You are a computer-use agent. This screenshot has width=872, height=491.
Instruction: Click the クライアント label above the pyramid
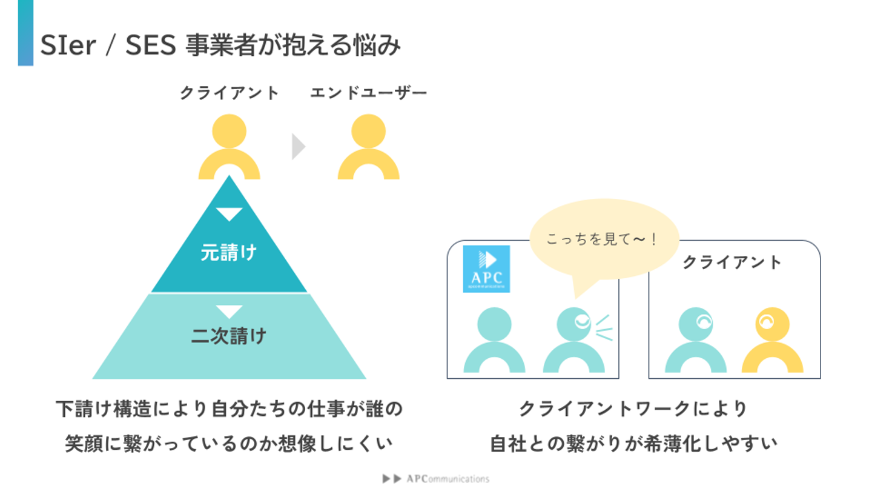(230, 93)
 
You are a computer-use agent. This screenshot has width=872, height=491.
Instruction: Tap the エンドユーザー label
(368, 93)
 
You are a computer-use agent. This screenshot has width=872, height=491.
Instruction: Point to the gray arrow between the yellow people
(298, 147)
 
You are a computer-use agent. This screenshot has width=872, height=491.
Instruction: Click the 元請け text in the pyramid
(229, 252)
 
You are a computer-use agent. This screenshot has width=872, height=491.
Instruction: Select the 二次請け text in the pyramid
(229, 335)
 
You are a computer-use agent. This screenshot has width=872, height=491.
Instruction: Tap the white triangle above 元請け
(229, 214)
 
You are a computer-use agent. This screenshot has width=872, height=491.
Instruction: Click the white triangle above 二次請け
(229, 312)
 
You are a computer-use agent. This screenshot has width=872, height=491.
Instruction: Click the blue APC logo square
(486, 269)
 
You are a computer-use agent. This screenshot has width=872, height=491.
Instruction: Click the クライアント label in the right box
(732, 262)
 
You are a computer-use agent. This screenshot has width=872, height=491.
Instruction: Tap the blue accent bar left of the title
(25, 33)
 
